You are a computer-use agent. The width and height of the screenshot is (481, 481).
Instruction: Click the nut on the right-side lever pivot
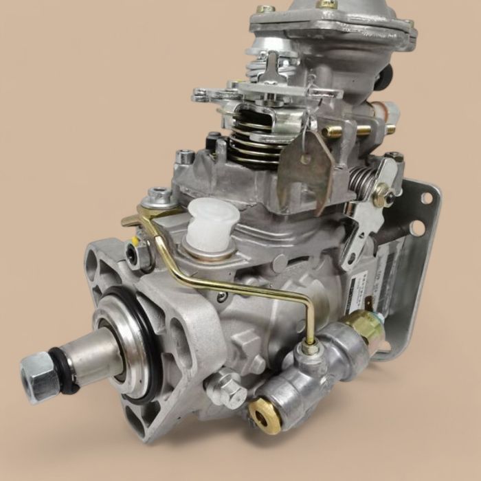click(381, 196)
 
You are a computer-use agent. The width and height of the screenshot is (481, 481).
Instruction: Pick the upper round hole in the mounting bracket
click(427, 198)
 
